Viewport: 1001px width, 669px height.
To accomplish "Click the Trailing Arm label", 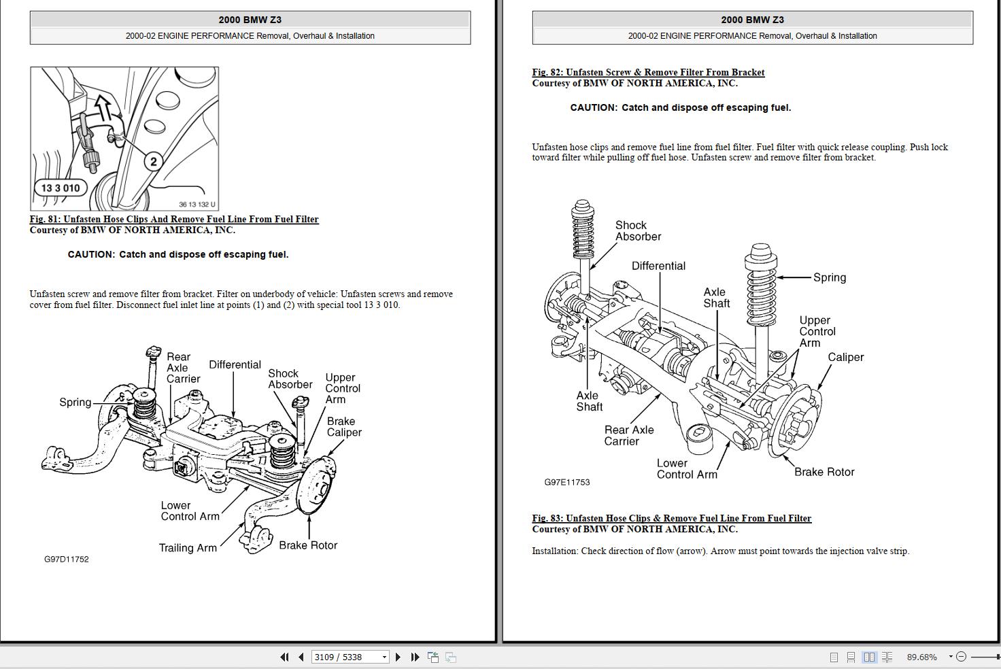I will [188, 548].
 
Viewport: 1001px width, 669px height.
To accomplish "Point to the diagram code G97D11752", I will [67, 560].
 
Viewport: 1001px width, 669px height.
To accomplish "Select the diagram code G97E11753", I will [566, 483].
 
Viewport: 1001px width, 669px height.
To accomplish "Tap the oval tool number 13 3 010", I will [61, 188].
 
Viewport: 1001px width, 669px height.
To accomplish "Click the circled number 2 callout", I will [153, 161].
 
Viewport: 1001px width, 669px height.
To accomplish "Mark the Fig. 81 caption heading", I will [174, 220].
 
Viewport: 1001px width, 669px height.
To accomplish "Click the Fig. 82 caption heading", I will [648, 73].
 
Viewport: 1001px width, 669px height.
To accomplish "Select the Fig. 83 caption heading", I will [671, 519].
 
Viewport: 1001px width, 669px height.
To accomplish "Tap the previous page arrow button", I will [301, 657].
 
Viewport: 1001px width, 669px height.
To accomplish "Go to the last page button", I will [415, 657].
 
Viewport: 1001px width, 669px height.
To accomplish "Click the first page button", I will [284, 657].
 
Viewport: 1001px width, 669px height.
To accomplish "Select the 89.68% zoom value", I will [921, 657].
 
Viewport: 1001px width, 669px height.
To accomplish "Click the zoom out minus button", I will [961, 657].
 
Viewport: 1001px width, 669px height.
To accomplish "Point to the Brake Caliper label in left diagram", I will [344, 427].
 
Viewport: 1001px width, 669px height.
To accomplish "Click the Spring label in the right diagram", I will [830, 277].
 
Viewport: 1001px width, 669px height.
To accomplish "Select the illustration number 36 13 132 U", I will [197, 205].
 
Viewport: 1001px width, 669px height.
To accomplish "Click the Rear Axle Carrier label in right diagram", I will [629, 436].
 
